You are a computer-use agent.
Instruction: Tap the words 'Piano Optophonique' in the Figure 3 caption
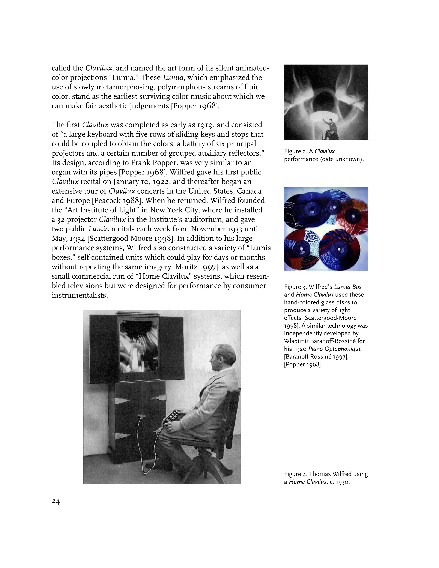click(x=335, y=349)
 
